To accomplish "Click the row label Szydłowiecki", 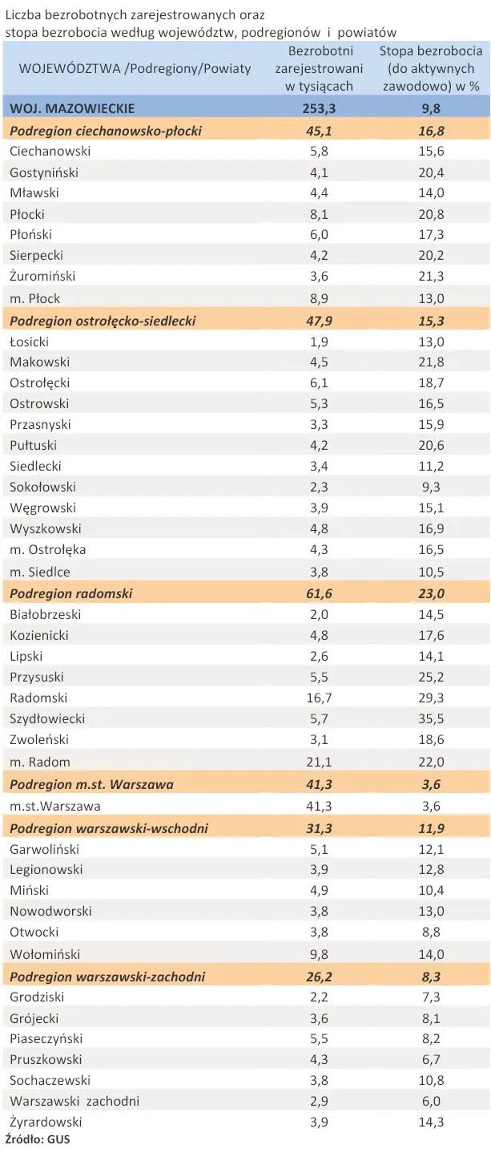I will click(47, 719).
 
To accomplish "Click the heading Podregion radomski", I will click(70, 594).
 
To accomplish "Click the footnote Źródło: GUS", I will click(37, 1139).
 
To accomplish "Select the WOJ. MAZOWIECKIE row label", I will click(71, 108).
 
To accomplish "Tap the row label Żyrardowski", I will click(46, 1123).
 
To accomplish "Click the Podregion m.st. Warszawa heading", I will click(91, 784).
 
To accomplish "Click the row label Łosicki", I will click(30, 342).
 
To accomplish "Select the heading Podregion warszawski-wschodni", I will click(108, 828).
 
